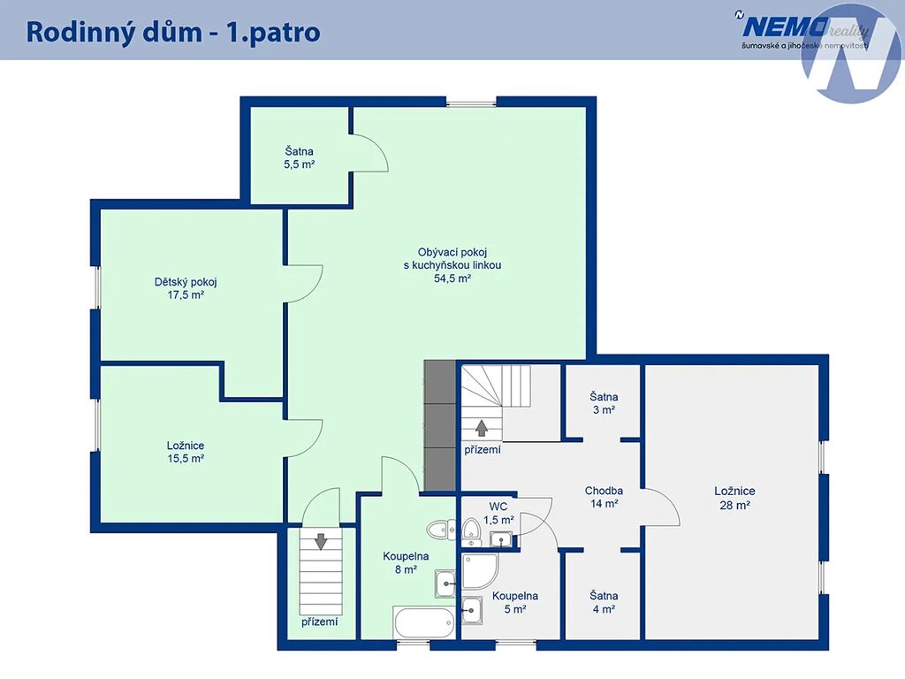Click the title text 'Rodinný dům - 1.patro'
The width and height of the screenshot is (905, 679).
click(173, 32)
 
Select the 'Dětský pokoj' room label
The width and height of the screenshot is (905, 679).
click(186, 282)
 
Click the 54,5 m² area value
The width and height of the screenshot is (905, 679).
click(452, 278)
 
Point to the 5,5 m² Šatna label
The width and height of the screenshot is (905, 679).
click(299, 157)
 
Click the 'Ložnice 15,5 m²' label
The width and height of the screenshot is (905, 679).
click(186, 452)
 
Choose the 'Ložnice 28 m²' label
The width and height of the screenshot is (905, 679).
click(734, 498)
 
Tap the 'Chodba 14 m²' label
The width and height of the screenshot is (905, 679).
click(604, 497)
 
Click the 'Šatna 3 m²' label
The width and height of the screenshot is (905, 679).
click(604, 403)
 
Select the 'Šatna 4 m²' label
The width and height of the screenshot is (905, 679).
click(604, 602)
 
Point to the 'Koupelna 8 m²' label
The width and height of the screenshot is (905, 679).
click(406, 563)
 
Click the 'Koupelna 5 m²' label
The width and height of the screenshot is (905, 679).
click(515, 602)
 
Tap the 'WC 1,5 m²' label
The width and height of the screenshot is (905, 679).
click(498, 514)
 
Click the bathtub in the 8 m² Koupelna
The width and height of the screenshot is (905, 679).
click(423, 622)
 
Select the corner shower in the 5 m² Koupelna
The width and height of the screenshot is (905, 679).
click(480, 572)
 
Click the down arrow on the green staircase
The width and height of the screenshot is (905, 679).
click(321, 542)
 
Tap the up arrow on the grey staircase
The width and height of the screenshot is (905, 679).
click(482, 427)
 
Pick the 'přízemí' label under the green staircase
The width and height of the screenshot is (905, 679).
click(320, 622)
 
